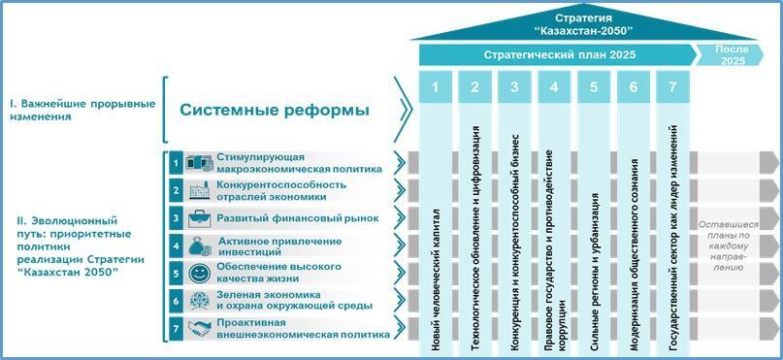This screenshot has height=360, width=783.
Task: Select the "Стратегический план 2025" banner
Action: (558, 55)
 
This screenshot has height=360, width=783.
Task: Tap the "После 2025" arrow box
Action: (731, 55)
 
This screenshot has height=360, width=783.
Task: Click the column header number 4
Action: (554, 87)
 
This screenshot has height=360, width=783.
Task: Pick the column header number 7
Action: (672, 87)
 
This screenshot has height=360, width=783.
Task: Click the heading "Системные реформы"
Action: (275, 111)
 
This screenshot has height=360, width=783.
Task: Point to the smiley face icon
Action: (198, 273)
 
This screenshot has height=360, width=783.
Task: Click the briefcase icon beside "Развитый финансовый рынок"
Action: (199, 218)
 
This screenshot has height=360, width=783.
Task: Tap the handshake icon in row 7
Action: (199, 328)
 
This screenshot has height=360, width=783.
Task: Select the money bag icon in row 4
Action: (198, 246)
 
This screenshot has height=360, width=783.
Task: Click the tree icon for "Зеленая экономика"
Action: (198, 301)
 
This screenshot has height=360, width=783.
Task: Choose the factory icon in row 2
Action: (199, 191)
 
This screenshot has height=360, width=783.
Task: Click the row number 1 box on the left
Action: (176, 163)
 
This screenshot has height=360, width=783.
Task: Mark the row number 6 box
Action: (176, 301)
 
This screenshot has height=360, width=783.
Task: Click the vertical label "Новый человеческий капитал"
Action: (436, 279)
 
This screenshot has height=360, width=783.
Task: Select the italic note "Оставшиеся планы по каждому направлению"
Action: (728, 246)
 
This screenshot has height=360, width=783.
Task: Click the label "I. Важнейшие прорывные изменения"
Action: (82, 111)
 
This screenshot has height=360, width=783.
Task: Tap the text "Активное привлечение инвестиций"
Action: (280, 246)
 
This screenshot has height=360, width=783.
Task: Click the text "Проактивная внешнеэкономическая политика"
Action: (303, 328)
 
